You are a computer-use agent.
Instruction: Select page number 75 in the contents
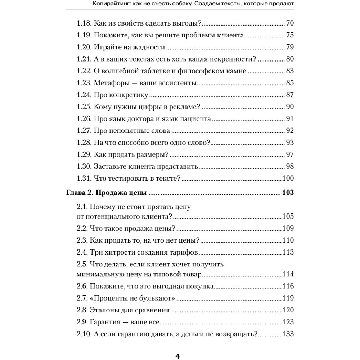(290, 36)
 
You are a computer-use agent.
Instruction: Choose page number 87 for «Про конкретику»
(290, 95)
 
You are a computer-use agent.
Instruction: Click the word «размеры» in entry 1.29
(153, 154)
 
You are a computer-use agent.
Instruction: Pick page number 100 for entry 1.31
(288, 178)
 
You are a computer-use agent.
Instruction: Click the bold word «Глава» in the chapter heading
(76, 193)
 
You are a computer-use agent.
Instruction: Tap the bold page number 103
(288, 193)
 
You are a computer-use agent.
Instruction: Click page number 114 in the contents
(288, 275)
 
